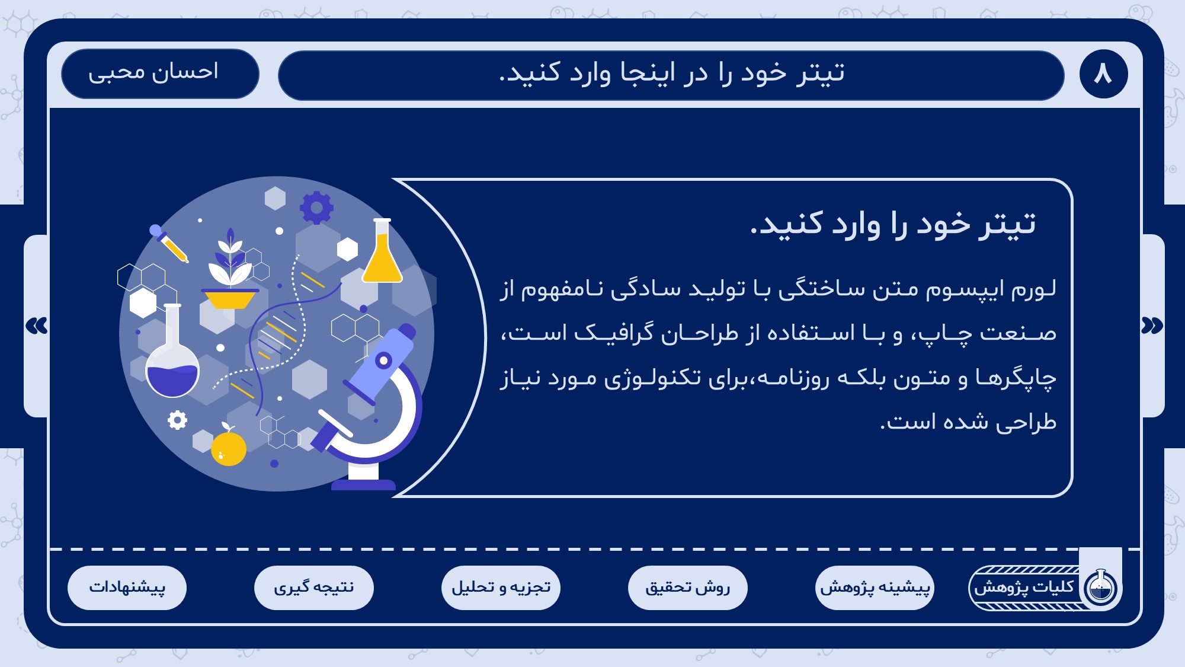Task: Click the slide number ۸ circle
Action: pos(1103,74)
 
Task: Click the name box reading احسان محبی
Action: pos(160,74)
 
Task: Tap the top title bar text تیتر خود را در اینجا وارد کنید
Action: pos(671,74)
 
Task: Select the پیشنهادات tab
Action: pos(127,588)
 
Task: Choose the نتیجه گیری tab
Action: pos(314,588)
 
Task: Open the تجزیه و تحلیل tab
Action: pos(501,588)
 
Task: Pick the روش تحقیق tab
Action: pos(688,588)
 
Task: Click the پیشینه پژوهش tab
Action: pos(875,588)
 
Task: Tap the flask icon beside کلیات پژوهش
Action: pos(1101,588)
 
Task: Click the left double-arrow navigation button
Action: pos(37,325)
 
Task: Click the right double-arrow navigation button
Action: pos(1152,325)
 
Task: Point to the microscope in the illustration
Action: pos(367,409)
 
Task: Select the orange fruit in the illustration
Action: pos(229,446)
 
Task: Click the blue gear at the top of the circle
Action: pos(316,208)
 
